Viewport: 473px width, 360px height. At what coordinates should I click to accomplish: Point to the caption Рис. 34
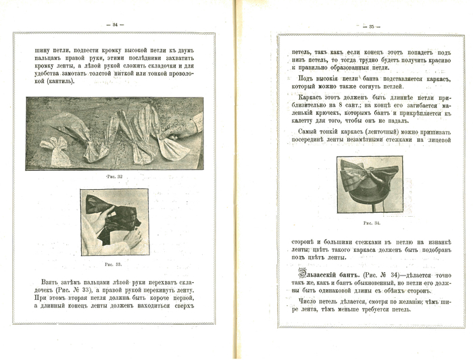(x=371, y=222)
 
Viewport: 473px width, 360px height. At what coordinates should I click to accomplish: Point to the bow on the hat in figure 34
(x=370, y=173)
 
